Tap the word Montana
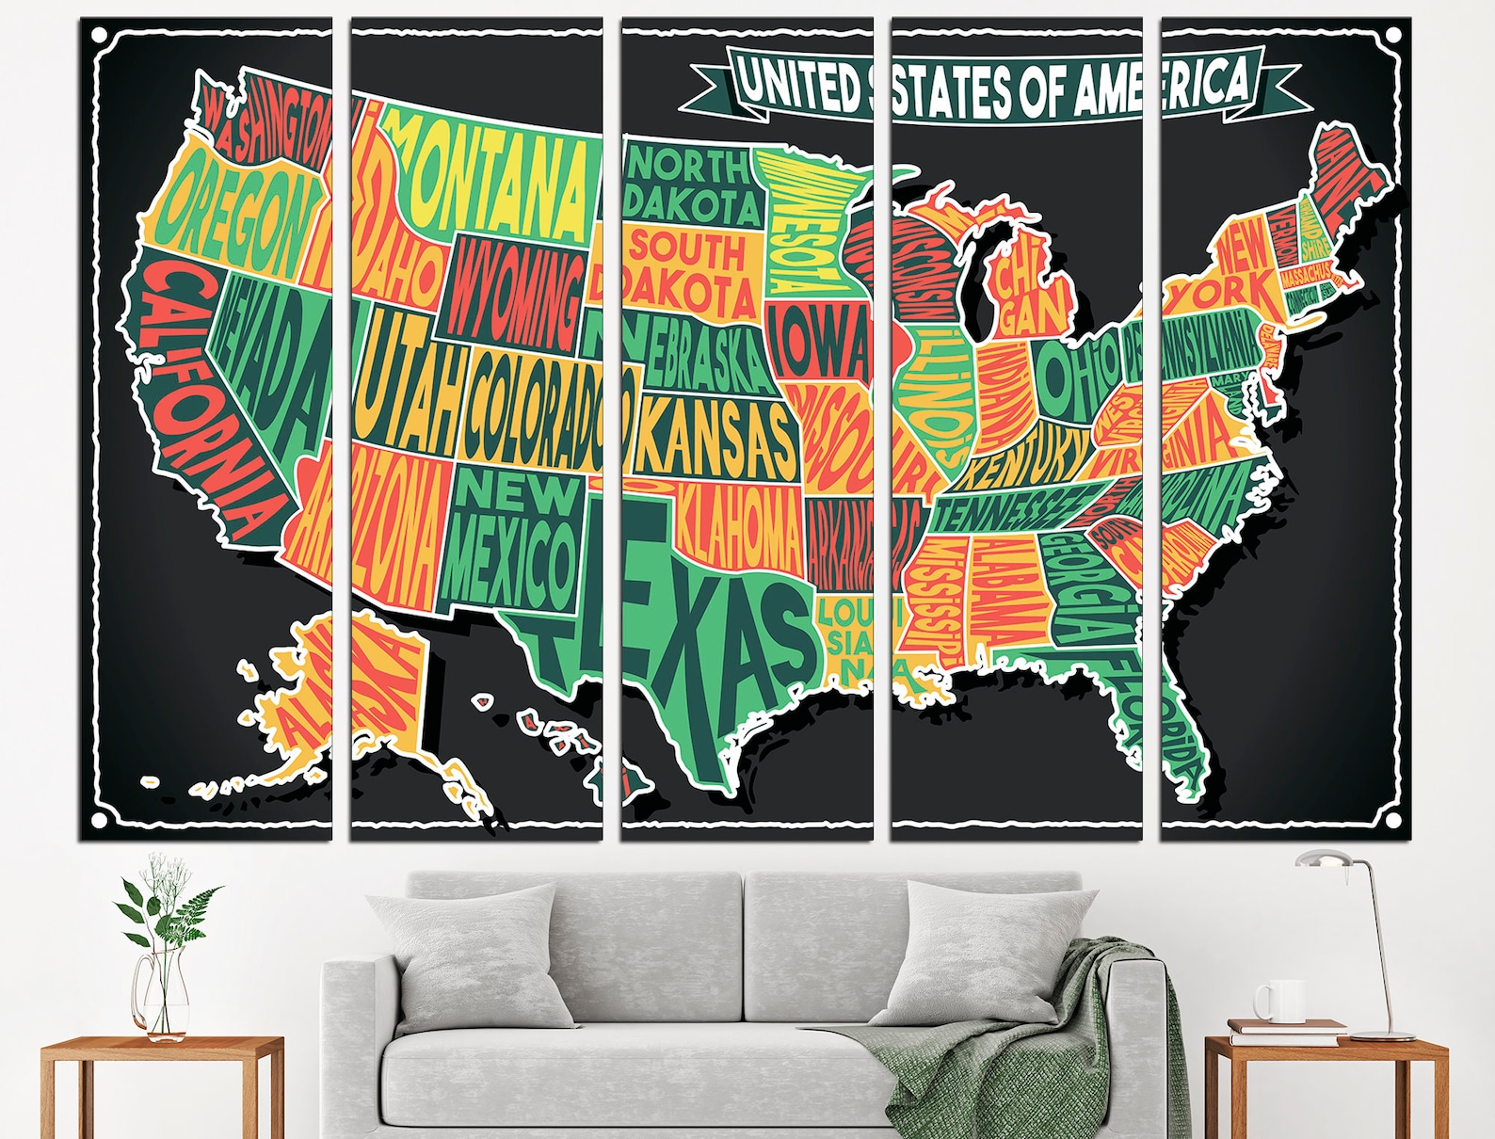click(x=490, y=179)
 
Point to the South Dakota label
click(x=692, y=273)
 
